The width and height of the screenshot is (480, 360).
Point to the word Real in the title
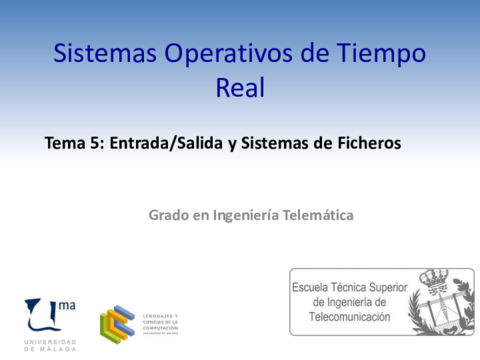240,88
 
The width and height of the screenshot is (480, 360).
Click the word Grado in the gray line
169,214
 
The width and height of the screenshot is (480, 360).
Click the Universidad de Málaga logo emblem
43,315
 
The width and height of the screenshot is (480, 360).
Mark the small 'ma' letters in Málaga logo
68,305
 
